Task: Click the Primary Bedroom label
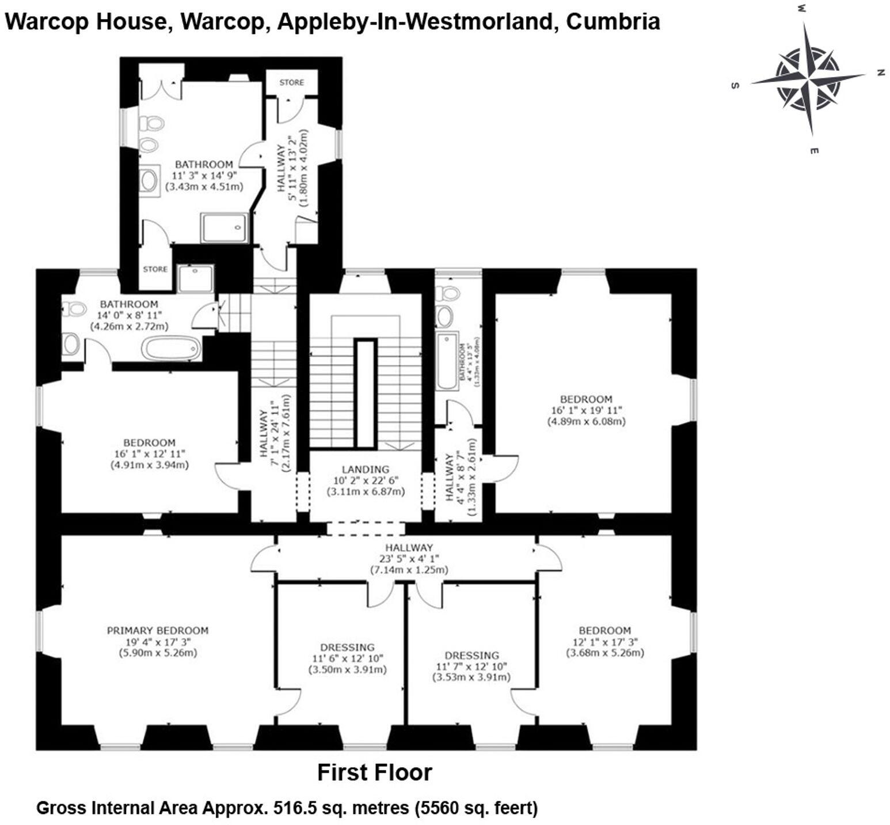point(157,630)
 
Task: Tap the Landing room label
point(366,470)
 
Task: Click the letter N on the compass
point(880,73)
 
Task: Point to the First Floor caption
point(374,773)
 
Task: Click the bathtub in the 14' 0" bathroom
point(172,348)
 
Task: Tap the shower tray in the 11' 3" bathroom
point(225,227)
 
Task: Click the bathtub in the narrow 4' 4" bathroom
point(447,360)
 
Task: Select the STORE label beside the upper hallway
point(291,82)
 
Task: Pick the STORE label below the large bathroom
point(155,269)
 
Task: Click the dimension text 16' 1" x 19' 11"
point(586,410)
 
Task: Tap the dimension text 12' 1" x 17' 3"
point(604,642)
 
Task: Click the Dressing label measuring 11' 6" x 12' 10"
point(347,647)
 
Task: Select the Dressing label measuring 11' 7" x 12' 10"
point(471,655)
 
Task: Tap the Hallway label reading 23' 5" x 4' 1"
point(409,547)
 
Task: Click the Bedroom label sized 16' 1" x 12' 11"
point(149,442)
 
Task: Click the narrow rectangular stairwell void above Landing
point(365,393)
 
